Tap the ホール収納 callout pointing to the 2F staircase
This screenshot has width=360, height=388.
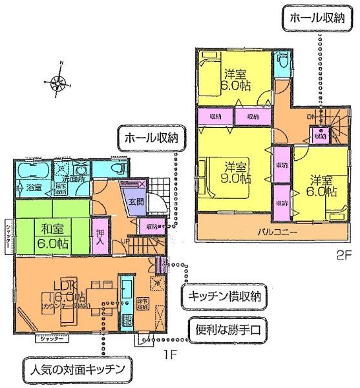click(315, 18)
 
